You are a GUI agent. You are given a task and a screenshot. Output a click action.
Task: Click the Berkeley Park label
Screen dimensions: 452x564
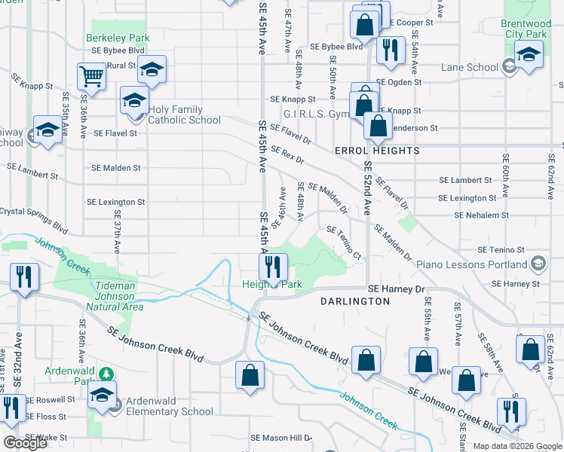coord(118,38)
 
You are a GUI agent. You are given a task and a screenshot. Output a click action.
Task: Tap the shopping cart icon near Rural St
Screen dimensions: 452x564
coord(90,75)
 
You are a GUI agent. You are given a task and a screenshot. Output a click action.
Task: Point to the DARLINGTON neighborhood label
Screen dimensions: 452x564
coord(354,301)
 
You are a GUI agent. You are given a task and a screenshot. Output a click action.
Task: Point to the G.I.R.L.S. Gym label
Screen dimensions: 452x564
coord(316,115)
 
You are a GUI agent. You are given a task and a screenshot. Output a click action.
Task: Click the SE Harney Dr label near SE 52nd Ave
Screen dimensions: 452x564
coord(397,289)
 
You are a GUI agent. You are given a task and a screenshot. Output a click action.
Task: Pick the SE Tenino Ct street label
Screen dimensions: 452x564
coord(344,242)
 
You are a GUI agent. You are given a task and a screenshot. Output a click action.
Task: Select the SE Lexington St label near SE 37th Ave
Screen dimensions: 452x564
coord(115,202)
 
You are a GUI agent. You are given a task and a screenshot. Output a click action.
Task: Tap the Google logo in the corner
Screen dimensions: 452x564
coord(25,443)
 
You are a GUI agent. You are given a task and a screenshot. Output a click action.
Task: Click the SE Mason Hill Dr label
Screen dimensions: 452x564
coord(280,438)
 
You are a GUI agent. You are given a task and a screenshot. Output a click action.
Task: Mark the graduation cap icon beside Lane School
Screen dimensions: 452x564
coord(529,55)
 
